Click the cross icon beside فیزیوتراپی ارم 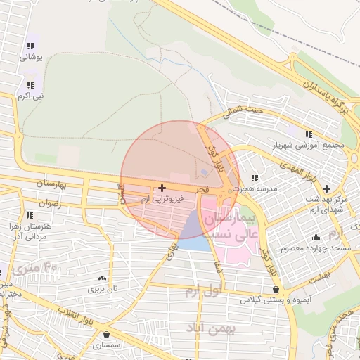pyautogui.click(x=162, y=188)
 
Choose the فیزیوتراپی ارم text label pyautogui.click(x=162, y=200)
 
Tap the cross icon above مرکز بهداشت pyautogui.click(x=327, y=188)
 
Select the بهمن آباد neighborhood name pyautogui.click(x=210, y=328)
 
